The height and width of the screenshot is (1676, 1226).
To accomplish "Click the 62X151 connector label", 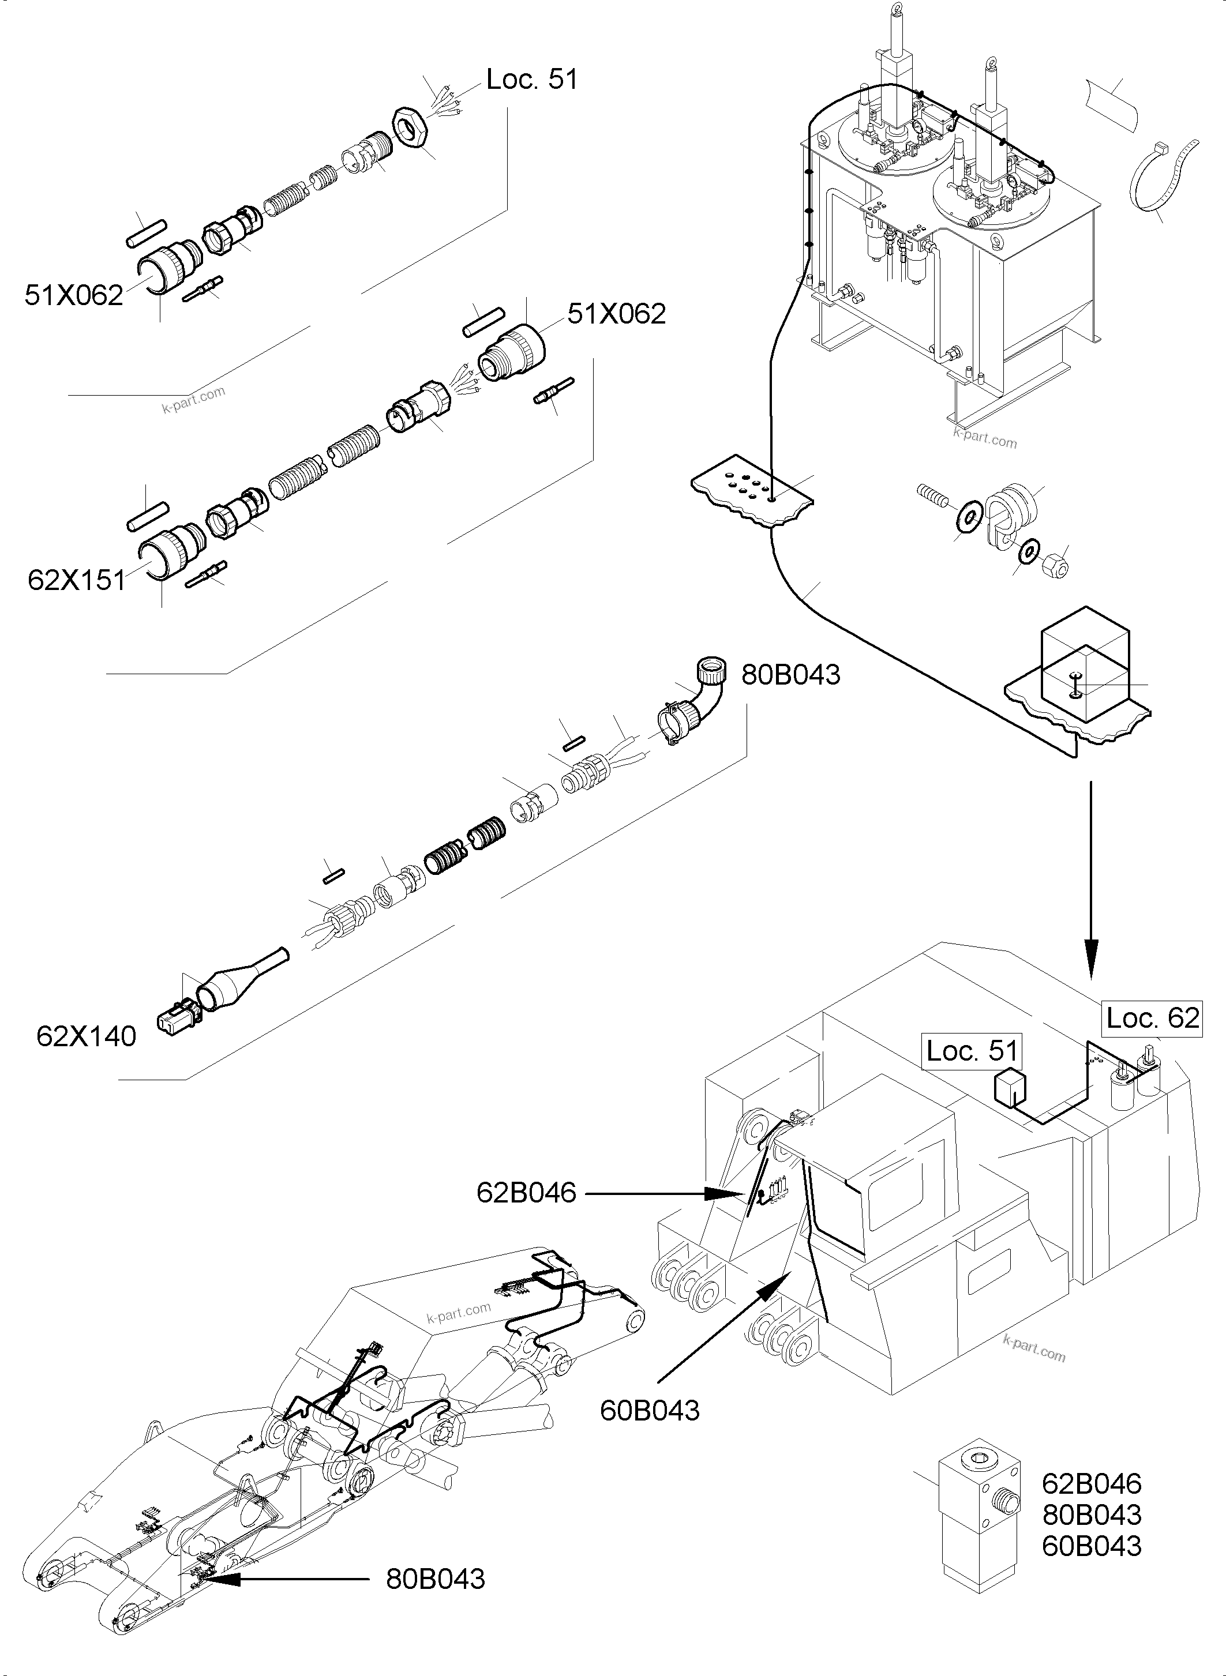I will pyautogui.click(x=76, y=580).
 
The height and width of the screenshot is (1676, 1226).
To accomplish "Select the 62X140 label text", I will pyautogui.click(x=86, y=1036).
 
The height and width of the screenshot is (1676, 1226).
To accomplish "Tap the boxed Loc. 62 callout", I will pyautogui.click(x=1152, y=1017).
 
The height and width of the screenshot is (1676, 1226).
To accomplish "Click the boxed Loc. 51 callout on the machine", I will pyautogui.click(x=972, y=1051).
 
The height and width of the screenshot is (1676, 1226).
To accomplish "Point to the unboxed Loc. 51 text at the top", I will pyautogui.click(x=531, y=80).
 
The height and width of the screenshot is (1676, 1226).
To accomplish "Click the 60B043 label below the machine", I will pyautogui.click(x=650, y=1410).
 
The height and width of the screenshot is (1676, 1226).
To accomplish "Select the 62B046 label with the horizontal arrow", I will pyautogui.click(x=526, y=1192).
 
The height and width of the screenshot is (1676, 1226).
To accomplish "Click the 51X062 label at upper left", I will pyautogui.click(x=73, y=295).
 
